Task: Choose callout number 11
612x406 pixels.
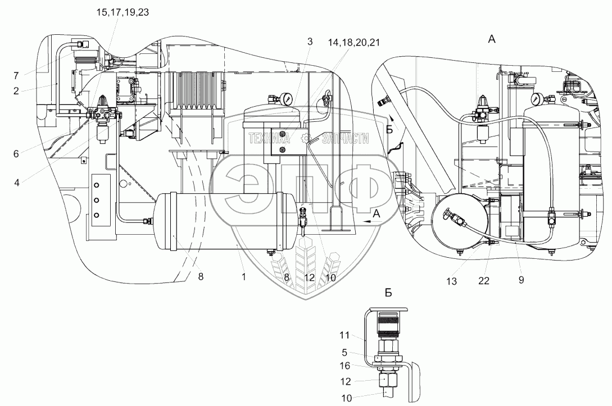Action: (x=345, y=336)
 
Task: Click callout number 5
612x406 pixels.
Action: (x=345, y=353)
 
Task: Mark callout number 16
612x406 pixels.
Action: (x=345, y=366)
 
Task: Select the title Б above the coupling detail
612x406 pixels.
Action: (x=388, y=293)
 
